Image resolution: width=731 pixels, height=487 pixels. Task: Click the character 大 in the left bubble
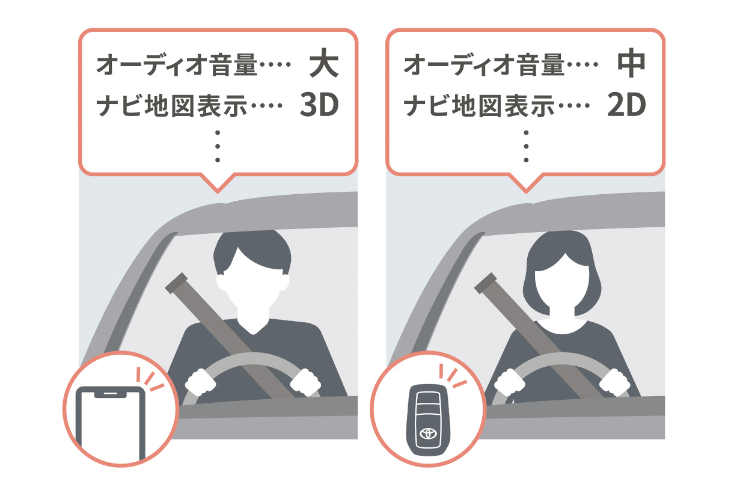[324, 63]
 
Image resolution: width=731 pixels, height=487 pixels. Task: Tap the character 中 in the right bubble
[631, 63]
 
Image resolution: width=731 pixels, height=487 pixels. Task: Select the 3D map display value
[319, 105]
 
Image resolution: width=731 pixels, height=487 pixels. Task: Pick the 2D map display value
[626, 105]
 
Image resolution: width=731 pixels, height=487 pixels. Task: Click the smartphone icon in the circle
[110, 423]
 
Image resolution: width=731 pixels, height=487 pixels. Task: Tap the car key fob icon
[428, 420]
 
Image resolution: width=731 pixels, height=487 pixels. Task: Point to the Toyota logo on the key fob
[428, 433]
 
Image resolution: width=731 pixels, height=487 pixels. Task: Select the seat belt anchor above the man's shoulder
[177, 283]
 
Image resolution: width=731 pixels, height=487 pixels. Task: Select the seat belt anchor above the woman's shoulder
[486, 283]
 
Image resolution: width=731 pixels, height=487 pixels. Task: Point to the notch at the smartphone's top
[110, 394]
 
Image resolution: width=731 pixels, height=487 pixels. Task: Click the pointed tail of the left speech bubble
[218, 191]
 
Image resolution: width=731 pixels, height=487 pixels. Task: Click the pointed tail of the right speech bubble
[526, 191]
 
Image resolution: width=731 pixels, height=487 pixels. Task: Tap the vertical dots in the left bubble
[218, 146]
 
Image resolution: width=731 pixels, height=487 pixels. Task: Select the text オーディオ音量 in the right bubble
[485, 64]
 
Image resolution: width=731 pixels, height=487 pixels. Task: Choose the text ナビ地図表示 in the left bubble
[172, 105]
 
